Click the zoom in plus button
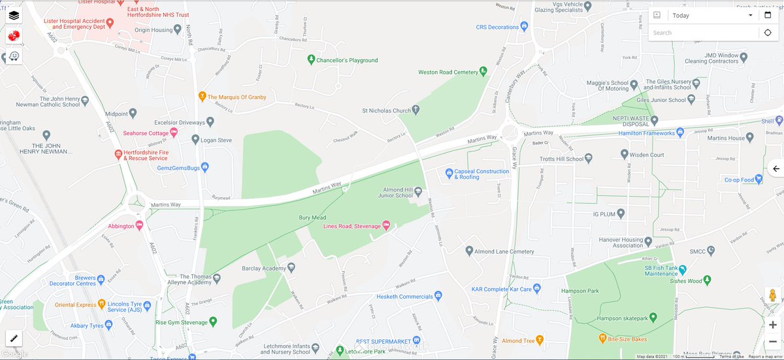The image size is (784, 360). (x=773, y=325)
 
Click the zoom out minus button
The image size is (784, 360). (x=773, y=341)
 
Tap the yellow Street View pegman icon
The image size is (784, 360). (x=773, y=295)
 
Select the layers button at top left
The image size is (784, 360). (x=14, y=15)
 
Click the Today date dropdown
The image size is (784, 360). (x=712, y=15)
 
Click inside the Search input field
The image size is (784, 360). (x=703, y=33)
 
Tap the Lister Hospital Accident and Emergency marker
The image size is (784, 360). (x=110, y=23)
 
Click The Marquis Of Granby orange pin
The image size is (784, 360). (x=203, y=97)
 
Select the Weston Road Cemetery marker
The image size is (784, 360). (x=483, y=71)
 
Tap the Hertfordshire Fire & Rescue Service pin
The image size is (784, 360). (x=118, y=155)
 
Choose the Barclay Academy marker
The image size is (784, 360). (x=291, y=267)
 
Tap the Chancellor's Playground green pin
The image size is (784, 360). (x=312, y=60)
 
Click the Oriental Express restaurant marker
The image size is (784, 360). (x=102, y=304)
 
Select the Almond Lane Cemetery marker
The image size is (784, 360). (x=469, y=251)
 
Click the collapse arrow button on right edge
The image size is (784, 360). (x=776, y=169)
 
